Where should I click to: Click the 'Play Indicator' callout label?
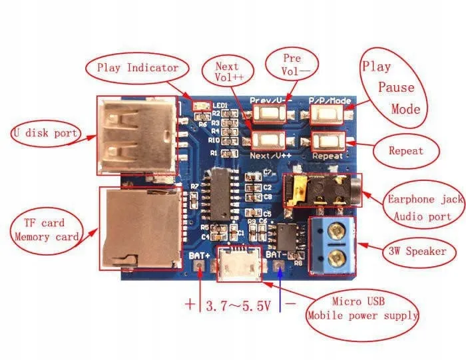tap(137, 67)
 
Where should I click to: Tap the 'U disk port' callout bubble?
tap(45, 134)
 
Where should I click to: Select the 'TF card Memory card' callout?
tap(45, 229)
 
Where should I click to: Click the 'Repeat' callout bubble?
tap(405, 150)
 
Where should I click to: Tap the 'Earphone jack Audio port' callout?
tap(421, 208)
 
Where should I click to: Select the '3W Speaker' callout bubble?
tap(417, 252)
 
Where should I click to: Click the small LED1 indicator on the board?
tap(197, 106)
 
